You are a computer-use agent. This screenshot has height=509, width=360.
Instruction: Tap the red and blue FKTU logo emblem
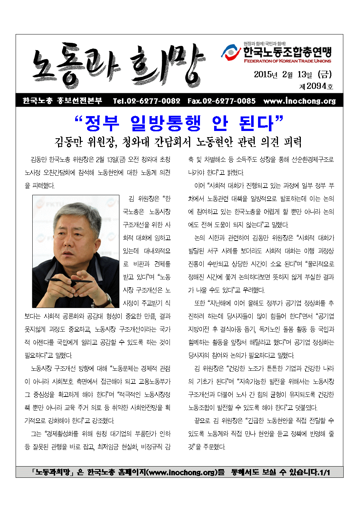pyautogui.click(x=231, y=53)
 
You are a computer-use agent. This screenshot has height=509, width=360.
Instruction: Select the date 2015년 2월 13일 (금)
pyautogui.click(x=292, y=75)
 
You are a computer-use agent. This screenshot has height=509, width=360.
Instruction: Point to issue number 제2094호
pyautogui.click(x=316, y=86)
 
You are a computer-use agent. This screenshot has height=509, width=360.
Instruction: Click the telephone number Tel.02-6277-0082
pyautogui.click(x=146, y=101)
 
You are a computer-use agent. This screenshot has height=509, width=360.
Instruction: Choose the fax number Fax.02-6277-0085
pyautogui.click(x=221, y=101)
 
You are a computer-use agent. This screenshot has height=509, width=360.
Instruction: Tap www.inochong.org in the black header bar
pyautogui.click(x=299, y=101)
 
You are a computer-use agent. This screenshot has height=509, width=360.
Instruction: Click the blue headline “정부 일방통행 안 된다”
pyautogui.click(x=179, y=123)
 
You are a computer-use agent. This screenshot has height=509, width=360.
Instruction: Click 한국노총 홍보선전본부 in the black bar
pyautogui.click(x=62, y=101)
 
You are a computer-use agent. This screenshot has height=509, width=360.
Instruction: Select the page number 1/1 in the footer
pyautogui.click(x=324, y=472)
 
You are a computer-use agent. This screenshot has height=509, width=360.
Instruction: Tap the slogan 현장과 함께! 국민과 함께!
pyautogui.click(x=265, y=44)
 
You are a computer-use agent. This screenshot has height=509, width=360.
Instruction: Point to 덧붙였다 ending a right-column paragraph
pyautogui.click(x=305, y=408)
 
